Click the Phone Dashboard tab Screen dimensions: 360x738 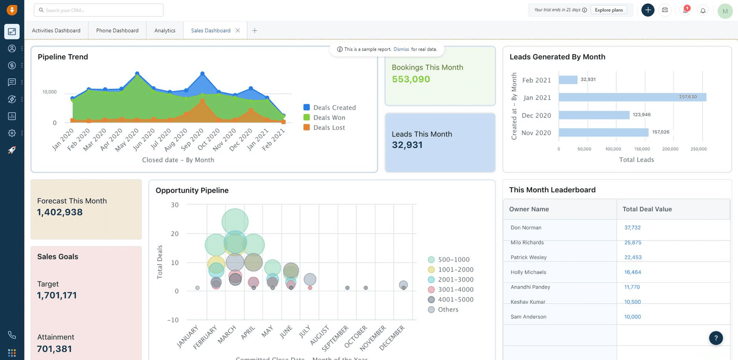click(117, 30)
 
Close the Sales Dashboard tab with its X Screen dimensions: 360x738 click(238, 30)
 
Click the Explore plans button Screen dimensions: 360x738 click(608, 10)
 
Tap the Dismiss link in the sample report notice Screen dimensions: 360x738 click(401, 49)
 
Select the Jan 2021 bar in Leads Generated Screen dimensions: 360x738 click(632, 97)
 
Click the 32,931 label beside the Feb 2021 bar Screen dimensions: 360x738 click(588, 79)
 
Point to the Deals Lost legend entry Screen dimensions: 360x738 click(328, 128)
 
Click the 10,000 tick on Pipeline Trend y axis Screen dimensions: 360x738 click(49, 92)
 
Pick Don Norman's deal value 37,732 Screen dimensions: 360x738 click(632, 228)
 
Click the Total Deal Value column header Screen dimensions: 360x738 click(647, 209)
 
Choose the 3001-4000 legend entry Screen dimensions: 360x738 click(455, 289)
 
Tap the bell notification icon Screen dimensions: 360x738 click(703, 10)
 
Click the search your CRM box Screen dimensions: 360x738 click(99, 10)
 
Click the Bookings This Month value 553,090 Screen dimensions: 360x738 click(411, 79)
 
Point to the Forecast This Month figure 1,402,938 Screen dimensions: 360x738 click(60, 212)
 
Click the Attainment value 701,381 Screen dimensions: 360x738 click(54, 349)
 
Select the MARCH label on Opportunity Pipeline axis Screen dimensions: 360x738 click(227, 335)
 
